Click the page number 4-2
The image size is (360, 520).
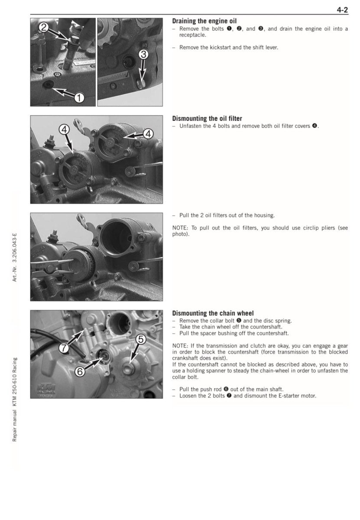click(342, 11)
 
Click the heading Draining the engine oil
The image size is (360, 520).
click(204, 21)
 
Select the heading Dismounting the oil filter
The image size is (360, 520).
click(207, 118)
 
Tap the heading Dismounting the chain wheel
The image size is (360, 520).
click(213, 313)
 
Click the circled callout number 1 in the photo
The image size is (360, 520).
click(79, 98)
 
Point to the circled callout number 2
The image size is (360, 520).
click(43, 27)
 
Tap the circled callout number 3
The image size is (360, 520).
click(144, 54)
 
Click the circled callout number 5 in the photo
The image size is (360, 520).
click(140, 339)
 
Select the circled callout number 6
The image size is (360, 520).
click(79, 371)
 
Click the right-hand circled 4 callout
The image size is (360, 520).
click(147, 133)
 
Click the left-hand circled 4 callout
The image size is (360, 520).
click(64, 129)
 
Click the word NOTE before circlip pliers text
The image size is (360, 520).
click(180, 228)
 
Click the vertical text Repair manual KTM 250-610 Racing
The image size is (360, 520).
click(15, 399)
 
